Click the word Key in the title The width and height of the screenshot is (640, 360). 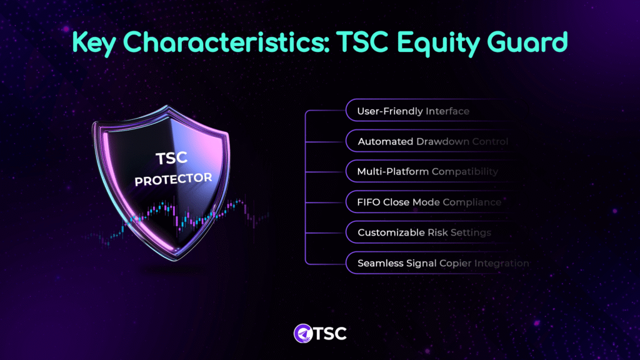point(94,42)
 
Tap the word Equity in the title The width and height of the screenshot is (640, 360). point(437,43)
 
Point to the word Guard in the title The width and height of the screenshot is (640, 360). point(527,42)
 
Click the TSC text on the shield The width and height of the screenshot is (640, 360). point(171,158)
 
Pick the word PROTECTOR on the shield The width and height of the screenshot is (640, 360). point(174,179)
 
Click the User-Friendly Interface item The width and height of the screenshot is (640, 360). point(413,111)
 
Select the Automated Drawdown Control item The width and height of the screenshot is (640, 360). point(432,141)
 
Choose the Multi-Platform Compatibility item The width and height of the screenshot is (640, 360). point(427,171)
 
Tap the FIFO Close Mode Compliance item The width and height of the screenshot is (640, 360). point(429,202)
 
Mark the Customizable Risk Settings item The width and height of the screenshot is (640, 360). point(424,232)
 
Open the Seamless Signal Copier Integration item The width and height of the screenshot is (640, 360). point(443,263)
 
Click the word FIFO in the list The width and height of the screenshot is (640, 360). point(369,202)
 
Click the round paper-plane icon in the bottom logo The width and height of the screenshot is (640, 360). point(303,334)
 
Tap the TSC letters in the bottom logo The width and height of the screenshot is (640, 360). point(330,334)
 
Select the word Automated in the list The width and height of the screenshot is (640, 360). point(385,141)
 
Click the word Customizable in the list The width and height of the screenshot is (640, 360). point(391,232)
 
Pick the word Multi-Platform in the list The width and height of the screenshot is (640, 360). point(392,171)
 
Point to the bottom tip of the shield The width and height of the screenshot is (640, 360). point(176,260)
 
